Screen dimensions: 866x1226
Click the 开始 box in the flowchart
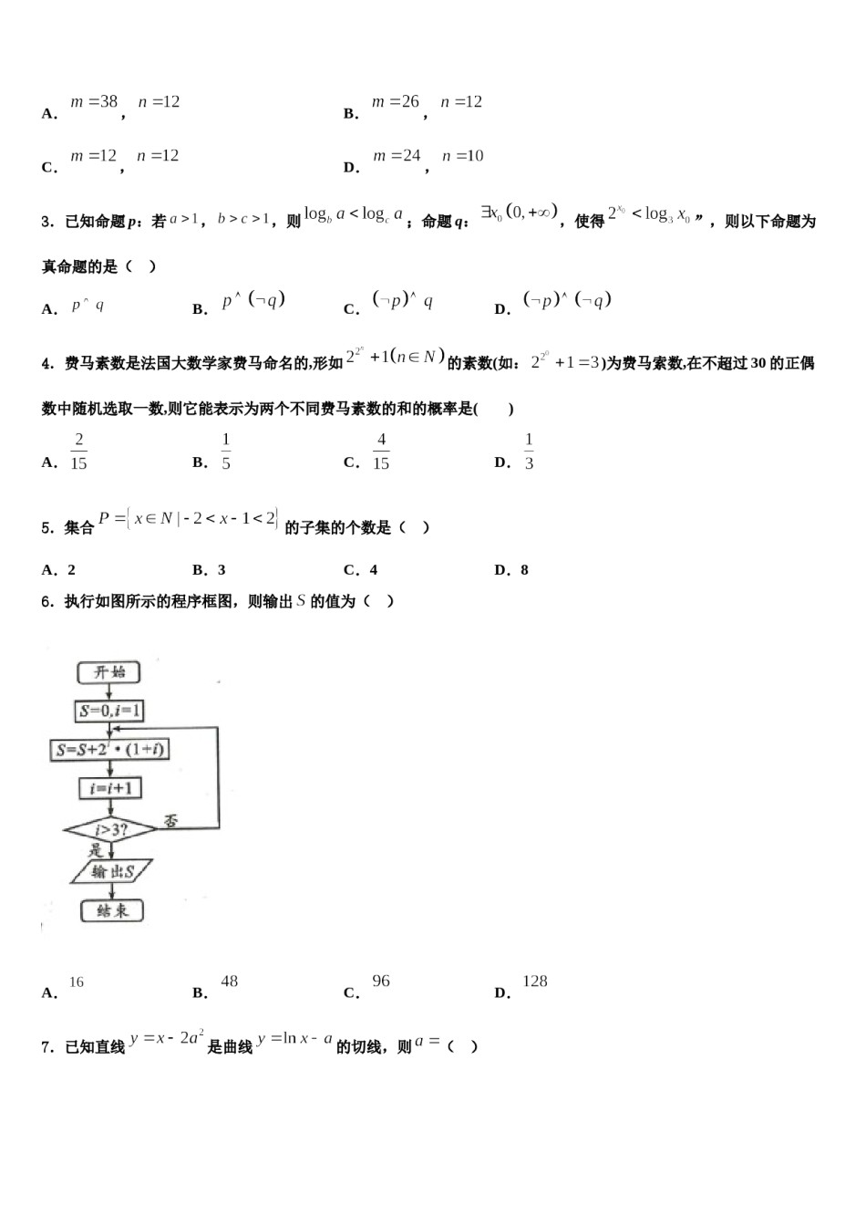pos(109,672)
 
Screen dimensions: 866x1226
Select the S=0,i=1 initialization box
pos(110,711)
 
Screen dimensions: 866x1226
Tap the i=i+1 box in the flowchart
pos(109,788)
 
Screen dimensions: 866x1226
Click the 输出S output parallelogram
pos(112,872)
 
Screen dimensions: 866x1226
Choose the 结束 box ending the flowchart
pos(111,910)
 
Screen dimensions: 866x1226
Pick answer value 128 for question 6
pos(534,982)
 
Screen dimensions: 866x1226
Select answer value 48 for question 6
pos(229,982)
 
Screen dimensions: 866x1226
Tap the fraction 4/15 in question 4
pos(381,452)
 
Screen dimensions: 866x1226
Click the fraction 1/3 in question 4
pos(529,452)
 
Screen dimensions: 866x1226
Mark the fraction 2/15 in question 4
pos(79,452)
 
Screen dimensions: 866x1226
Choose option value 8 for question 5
pos(524,570)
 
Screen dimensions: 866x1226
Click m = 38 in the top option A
pos(94,102)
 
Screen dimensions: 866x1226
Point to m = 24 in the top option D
pos(397,156)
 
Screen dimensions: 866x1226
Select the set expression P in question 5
pos(188,519)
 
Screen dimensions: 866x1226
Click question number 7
pos(47,1047)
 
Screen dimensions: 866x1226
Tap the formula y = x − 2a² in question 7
pos(167,1038)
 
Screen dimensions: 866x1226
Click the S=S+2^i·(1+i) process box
pos(109,750)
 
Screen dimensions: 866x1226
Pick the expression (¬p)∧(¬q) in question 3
pos(567,300)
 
